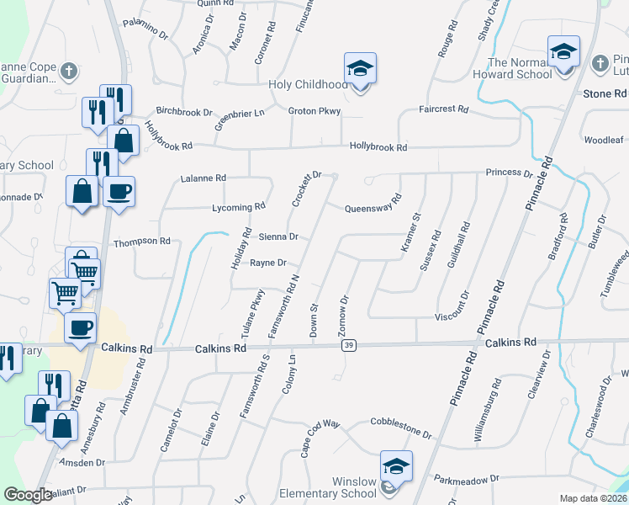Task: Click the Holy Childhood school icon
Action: pos(360,68)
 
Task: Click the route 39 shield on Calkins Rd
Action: pos(349,345)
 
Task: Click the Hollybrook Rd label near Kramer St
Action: pos(378,146)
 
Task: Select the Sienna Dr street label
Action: pos(278,237)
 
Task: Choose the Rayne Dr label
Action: pos(268,263)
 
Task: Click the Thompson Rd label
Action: pos(142,242)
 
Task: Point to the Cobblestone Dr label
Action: pos(401,429)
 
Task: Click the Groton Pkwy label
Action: pos(314,111)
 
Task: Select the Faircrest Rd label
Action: pos(444,109)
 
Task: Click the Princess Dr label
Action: pos(509,173)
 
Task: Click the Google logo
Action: pos(28,495)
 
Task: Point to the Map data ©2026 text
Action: pos(593,498)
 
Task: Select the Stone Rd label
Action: pos(600,93)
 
